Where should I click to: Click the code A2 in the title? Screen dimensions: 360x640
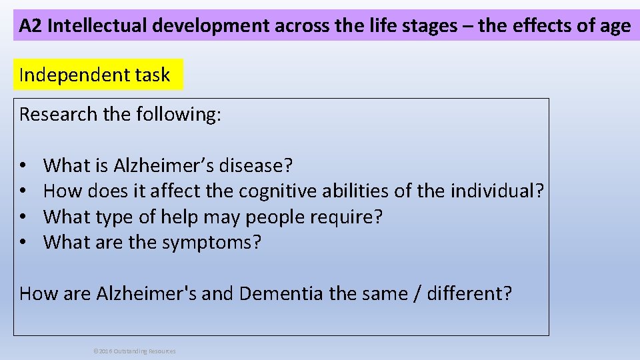coord(31,26)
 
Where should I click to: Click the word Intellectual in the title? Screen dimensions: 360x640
coord(98,26)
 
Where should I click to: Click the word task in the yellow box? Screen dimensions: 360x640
coord(152,75)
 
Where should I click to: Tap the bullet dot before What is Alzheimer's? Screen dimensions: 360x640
coord(23,165)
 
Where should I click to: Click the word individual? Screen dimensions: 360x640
coord(497,191)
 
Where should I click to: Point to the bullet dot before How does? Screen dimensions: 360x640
coord(23,191)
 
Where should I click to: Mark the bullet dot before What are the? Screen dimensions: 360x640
coord(23,243)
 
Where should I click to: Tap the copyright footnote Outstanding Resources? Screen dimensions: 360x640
coord(144,351)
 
